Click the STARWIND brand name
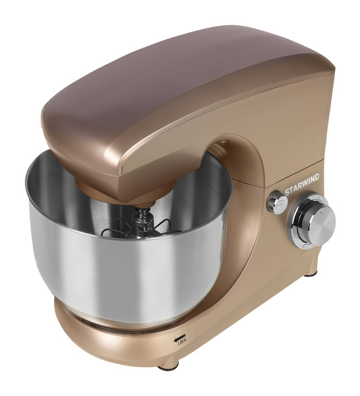(302, 184)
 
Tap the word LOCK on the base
(183, 343)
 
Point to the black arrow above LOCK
(179, 339)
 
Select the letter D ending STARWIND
(317, 177)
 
